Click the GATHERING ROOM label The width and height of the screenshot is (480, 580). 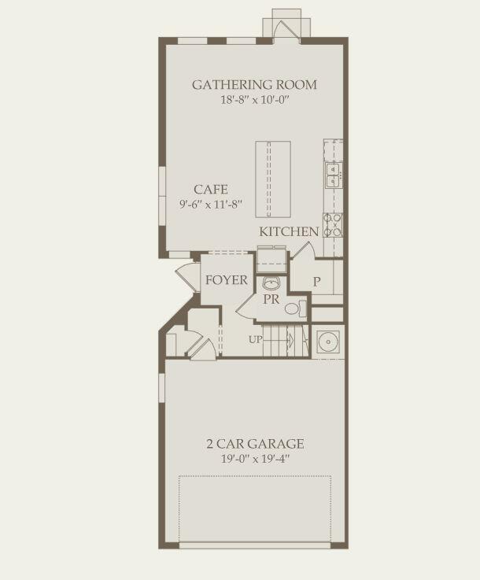coord(254,85)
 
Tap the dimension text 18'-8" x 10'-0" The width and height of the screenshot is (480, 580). coord(254,100)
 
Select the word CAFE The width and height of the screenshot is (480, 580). coord(211,189)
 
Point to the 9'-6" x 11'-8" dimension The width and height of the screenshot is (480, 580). coord(211,204)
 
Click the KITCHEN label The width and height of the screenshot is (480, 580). coord(289,231)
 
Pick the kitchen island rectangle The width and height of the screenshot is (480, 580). coord(272,179)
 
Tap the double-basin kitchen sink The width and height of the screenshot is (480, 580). coord(334,174)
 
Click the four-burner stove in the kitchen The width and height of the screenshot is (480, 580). coord(334,225)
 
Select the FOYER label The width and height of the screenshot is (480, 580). coord(227,280)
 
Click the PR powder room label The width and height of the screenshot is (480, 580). coord(271,299)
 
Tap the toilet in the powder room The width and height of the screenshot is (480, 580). coord(293,308)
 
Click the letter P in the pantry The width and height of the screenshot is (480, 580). coord(316,282)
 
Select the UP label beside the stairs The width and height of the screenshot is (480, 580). coord(256,340)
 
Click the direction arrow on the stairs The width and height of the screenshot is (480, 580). coord(290,340)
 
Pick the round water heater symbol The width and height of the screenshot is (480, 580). coord(328,342)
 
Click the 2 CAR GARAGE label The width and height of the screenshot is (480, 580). coord(255,444)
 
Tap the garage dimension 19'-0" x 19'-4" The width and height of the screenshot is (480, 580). coord(255,459)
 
